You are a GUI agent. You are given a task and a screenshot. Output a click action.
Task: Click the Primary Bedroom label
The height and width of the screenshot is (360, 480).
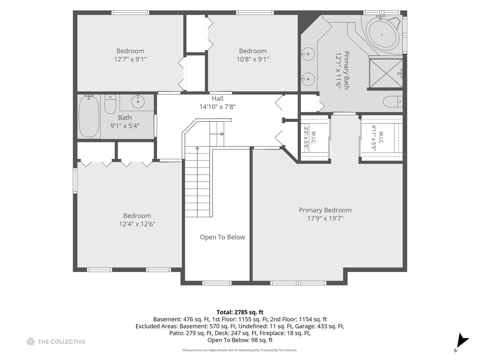point(325,210)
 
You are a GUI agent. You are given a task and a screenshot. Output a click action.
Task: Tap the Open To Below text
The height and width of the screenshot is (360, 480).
point(222,237)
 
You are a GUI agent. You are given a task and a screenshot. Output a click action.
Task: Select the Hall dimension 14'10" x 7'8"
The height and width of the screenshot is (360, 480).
point(217,107)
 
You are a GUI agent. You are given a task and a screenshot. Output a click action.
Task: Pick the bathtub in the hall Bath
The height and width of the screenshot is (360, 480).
point(89,116)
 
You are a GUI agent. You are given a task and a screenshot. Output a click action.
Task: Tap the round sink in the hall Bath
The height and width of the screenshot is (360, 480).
point(138,102)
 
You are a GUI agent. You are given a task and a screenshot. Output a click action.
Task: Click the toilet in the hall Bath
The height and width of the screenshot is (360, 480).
point(110,104)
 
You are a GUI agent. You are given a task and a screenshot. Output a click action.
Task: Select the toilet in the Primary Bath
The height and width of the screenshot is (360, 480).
point(393,102)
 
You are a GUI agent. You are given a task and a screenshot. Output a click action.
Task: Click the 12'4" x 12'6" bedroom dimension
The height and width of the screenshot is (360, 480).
point(137,224)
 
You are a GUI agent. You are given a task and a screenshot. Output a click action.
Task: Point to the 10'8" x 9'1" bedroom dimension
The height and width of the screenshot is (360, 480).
point(253,59)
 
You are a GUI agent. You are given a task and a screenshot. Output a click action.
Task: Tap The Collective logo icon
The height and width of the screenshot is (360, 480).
point(31,341)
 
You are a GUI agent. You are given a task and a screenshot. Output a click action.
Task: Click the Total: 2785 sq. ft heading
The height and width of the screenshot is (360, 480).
point(240,312)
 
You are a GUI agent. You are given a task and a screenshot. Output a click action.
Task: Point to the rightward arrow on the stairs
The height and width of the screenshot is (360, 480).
point(217,134)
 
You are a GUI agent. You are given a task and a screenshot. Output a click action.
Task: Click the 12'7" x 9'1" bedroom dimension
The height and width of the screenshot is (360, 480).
point(130,59)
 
